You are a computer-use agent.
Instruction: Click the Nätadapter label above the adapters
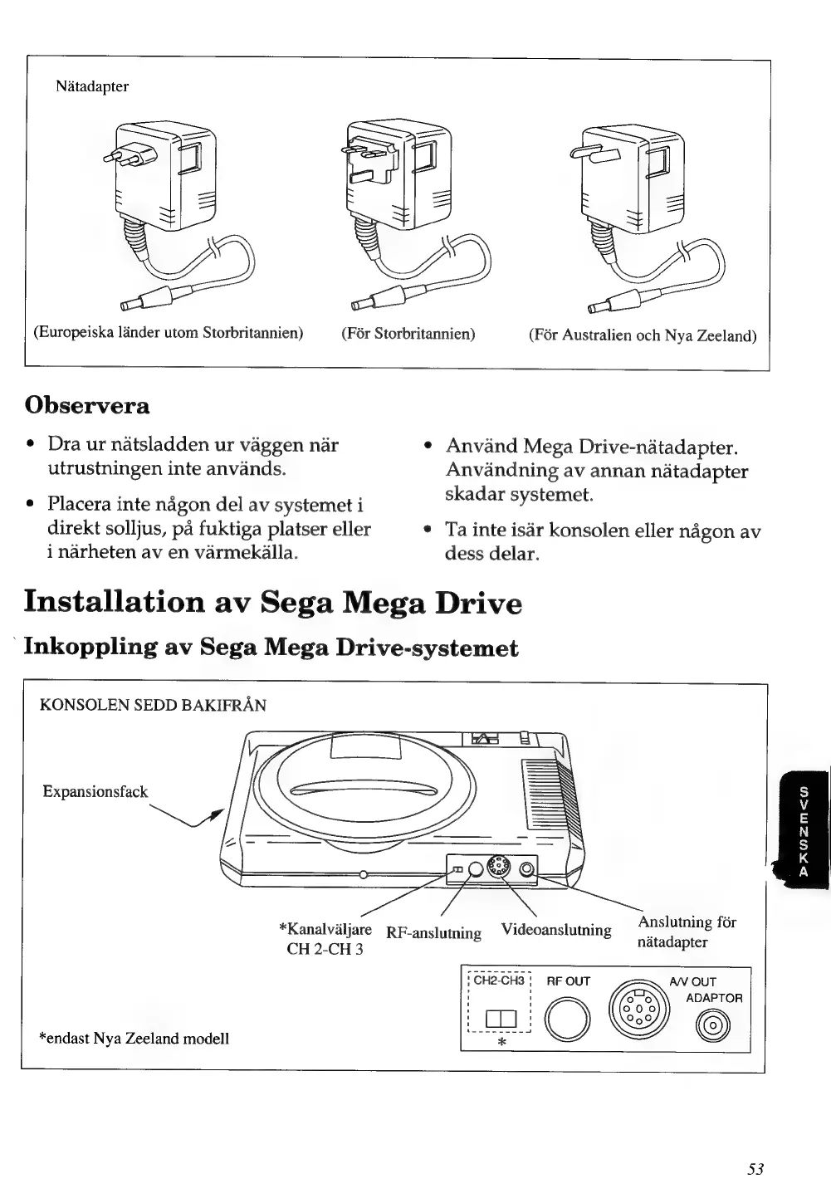click(x=92, y=86)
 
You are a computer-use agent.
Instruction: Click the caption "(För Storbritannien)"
click(x=408, y=334)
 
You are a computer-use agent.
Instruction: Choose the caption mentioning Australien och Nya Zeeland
click(x=643, y=335)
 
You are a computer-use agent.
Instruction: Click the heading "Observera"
click(x=87, y=405)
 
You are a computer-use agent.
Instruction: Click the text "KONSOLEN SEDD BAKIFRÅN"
click(x=154, y=706)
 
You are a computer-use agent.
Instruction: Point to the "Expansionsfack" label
click(x=95, y=791)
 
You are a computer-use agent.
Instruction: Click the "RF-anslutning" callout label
click(x=433, y=933)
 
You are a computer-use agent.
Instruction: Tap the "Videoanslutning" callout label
click(x=556, y=930)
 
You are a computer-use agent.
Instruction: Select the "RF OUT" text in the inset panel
click(x=568, y=981)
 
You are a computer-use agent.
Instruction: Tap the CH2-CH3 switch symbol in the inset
click(x=501, y=1019)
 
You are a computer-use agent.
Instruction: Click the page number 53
click(x=755, y=1168)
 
